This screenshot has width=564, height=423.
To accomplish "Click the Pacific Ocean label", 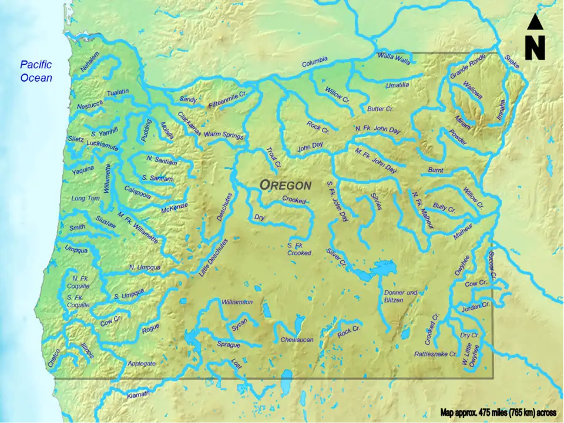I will pyautogui.click(x=36, y=71).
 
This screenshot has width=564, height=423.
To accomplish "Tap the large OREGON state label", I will pyautogui.click(x=286, y=184).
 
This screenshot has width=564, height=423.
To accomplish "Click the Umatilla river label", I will pyautogui.click(x=397, y=85).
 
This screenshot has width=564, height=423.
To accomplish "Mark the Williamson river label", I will pyautogui.click(x=237, y=302).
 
